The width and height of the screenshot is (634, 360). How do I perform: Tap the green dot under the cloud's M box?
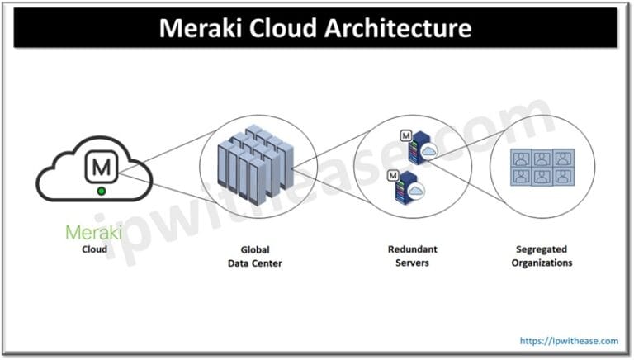point(101,191)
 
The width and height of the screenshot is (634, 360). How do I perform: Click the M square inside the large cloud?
point(102,167)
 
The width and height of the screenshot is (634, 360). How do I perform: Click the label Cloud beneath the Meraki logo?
point(93,248)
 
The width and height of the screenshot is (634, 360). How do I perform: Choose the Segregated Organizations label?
point(541,256)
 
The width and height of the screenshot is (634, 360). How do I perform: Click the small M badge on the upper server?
point(405,135)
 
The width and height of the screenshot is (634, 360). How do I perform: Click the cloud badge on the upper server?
point(429,151)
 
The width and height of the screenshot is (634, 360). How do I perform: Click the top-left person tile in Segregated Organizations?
point(521,158)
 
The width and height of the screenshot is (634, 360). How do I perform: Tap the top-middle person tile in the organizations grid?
point(542,158)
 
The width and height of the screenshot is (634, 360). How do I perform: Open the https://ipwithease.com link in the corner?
point(569,339)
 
